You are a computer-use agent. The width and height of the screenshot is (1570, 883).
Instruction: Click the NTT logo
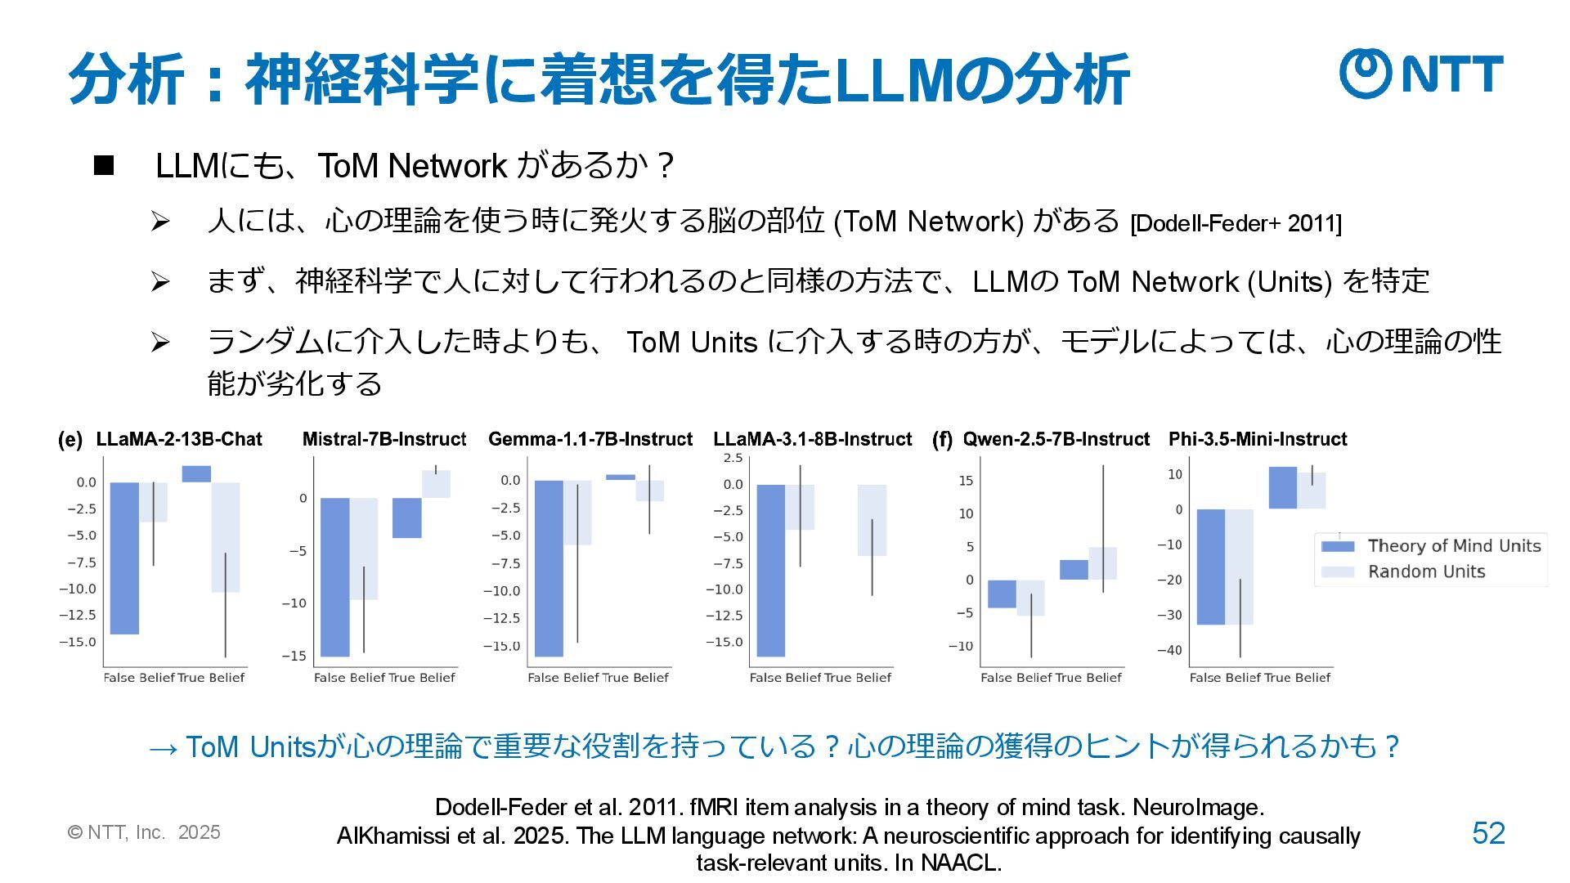[1420, 73]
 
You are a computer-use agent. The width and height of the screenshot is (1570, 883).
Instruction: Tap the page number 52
[1488, 833]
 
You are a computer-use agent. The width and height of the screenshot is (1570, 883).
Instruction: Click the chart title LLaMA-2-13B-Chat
[179, 439]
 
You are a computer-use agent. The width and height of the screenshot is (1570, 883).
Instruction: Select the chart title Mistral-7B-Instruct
[384, 439]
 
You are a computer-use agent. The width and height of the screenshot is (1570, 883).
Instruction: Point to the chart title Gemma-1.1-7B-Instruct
[590, 439]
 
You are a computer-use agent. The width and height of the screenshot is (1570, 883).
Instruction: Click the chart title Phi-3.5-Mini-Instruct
[1258, 439]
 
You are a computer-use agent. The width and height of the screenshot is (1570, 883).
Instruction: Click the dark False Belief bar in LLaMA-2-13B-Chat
[124, 558]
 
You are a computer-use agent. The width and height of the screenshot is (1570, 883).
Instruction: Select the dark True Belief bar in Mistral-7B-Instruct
[407, 518]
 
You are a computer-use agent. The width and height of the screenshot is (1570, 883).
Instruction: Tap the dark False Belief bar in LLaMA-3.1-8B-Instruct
[771, 570]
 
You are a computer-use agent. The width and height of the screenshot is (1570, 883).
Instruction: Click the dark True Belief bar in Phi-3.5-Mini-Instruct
[1282, 488]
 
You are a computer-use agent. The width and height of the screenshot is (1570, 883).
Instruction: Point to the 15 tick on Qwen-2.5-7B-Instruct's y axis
[966, 481]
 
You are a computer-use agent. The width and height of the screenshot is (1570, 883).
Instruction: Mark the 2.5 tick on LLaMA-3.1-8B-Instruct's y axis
[733, 458]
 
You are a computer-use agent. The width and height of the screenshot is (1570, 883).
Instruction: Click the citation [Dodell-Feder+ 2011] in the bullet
[1235, 224]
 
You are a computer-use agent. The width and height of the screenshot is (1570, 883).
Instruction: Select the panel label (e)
[70, 440]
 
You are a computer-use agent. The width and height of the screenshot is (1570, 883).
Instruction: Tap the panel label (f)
[942, 440]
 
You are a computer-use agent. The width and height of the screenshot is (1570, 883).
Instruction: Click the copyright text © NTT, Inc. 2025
[144, 832]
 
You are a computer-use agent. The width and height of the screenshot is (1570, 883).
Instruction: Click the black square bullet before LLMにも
[104, 166]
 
